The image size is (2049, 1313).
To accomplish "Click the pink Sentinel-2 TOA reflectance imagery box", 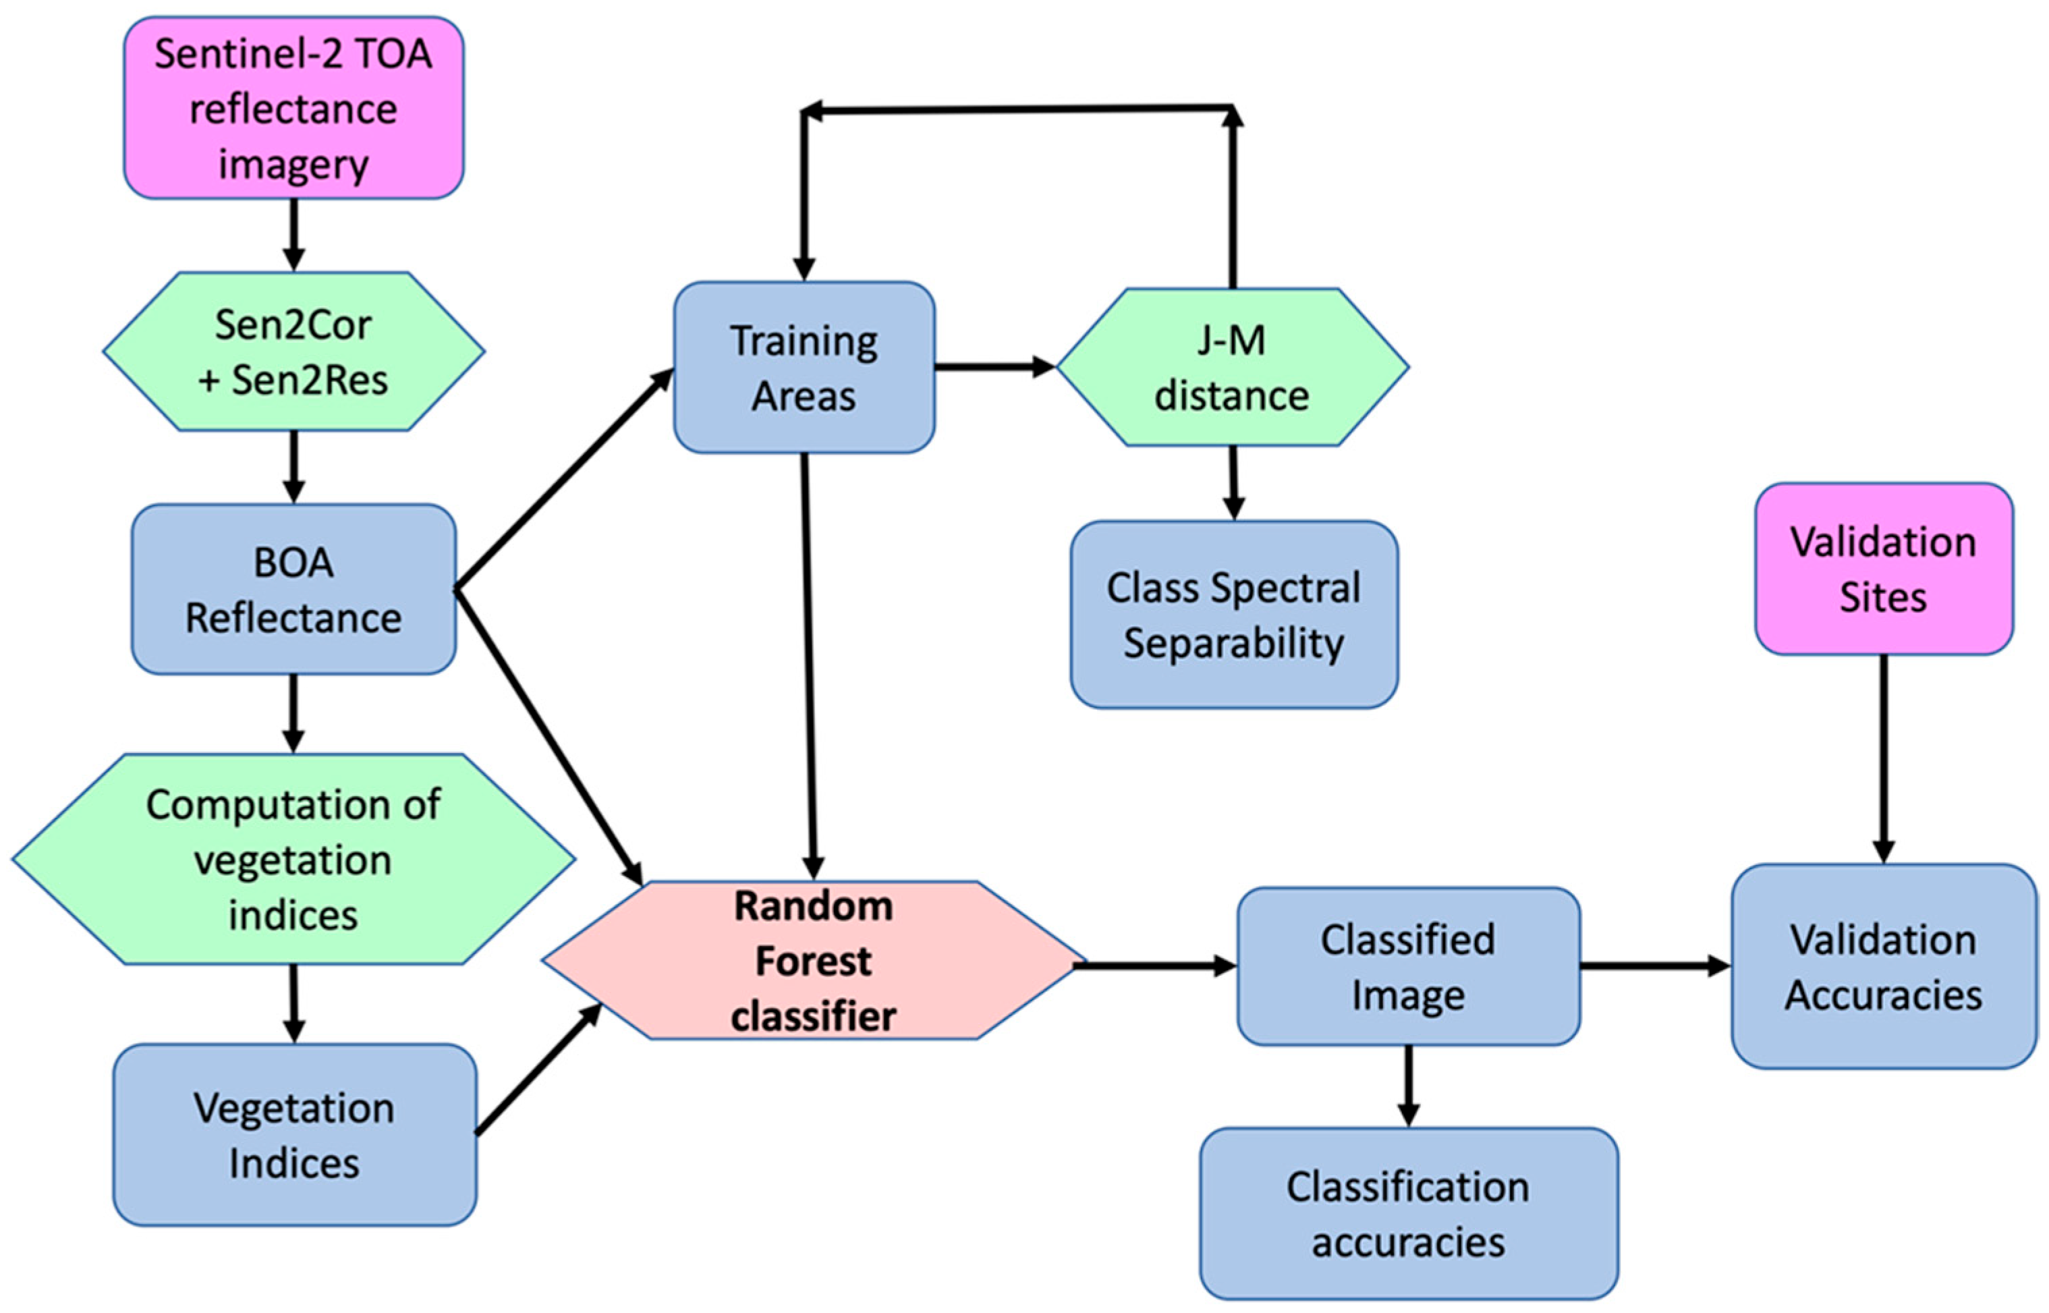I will point(293,108).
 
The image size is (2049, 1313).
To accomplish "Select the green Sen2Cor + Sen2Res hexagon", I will point(293,352).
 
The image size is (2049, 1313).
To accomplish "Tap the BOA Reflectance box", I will point(293,589).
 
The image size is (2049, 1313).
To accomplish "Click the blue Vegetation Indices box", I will point(293,1135).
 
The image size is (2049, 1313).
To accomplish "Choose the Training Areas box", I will point(804,368).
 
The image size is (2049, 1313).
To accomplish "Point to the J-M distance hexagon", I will point(1231,368).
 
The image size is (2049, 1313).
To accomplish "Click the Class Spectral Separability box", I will point(1233,615).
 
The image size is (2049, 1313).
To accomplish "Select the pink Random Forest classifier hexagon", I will point(814,960).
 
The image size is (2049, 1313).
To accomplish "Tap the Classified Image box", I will point(1408,966).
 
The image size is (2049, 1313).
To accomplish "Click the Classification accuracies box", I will point(1408,1213).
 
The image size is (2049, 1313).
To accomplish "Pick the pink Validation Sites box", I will point(1883,569).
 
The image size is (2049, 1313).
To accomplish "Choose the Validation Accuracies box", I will point(1883,966).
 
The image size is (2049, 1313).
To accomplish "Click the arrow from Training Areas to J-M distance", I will point(994,368).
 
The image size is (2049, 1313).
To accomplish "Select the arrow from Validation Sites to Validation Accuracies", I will point(1883,759).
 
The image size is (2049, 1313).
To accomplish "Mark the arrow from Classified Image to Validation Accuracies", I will point(1654,966).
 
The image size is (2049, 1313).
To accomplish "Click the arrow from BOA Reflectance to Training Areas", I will point(564,478).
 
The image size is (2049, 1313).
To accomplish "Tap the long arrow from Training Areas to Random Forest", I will point(809,665).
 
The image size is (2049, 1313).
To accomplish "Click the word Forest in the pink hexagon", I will point(814,961).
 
